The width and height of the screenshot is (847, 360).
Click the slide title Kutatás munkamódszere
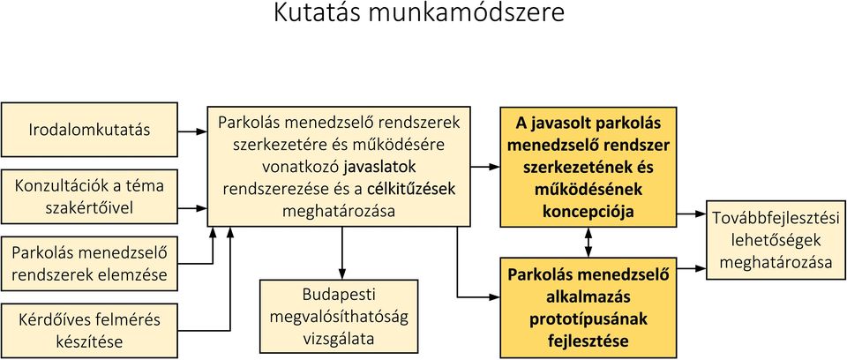tap(418, 13)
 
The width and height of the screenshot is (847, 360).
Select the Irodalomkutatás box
tap(90, 130)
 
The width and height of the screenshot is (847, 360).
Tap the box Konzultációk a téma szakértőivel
tap(90, 197)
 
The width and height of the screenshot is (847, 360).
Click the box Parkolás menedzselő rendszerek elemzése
tap(90, 264)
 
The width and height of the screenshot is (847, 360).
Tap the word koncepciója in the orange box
tap(588, 212)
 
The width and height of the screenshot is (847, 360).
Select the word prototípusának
tap(588, 319)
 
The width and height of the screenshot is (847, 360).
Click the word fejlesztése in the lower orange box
tap(588, 341)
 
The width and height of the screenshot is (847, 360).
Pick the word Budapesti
tap(339, 295)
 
